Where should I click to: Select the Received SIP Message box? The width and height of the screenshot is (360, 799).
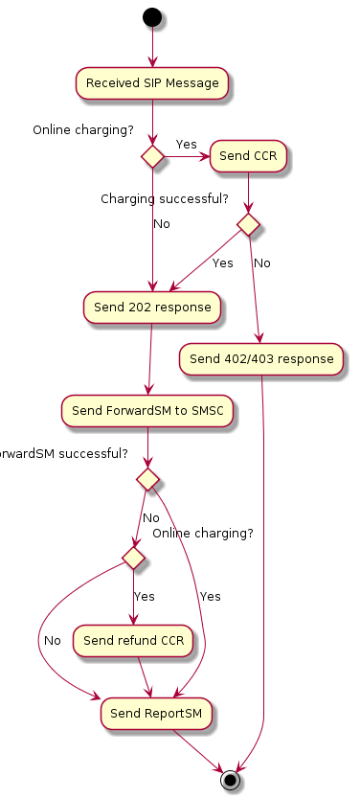point(152,83)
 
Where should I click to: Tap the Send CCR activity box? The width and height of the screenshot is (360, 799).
point(249,156)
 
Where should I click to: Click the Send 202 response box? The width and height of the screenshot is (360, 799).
point(152,308)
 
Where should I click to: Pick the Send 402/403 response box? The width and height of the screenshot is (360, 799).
point(261,359)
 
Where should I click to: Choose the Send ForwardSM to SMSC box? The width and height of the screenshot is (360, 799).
point(147,411)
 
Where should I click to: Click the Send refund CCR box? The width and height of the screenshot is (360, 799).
point(135,639)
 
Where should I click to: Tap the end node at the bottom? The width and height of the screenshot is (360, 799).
point(230,779)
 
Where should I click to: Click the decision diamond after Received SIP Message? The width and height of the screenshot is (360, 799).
point(152,156)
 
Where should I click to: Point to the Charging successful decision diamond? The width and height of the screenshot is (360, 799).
point(249,224)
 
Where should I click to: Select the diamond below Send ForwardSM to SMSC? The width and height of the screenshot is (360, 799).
point(147,476)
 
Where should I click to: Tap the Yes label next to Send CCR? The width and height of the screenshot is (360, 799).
point(187,145)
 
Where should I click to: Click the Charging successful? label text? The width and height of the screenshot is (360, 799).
point(165,199)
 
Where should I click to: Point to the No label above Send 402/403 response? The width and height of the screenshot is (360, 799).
point(261,263)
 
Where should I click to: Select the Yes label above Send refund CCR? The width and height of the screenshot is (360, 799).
point(144,596)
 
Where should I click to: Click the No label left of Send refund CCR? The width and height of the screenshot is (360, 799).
point(52,640)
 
